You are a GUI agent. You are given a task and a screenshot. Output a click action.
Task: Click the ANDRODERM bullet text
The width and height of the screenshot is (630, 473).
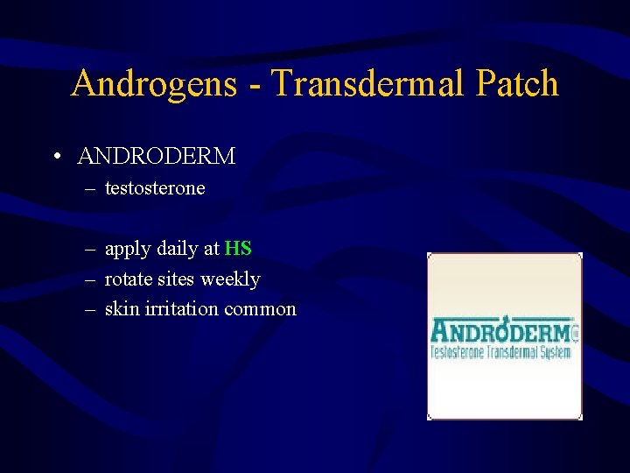(157, 157)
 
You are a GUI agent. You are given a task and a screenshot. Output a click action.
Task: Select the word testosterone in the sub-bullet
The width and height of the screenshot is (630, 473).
(155, 188)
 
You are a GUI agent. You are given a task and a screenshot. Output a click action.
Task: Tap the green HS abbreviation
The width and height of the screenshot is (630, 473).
(238, 249)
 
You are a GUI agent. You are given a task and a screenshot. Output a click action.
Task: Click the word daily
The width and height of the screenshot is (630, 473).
(177, 249)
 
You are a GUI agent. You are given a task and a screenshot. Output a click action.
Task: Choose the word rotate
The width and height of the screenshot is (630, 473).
(128, 279)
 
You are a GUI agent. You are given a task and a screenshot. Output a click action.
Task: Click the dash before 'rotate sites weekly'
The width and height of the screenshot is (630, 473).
(90, 279)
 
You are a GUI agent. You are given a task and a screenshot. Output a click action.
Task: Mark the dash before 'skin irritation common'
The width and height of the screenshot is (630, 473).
(90, 309)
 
